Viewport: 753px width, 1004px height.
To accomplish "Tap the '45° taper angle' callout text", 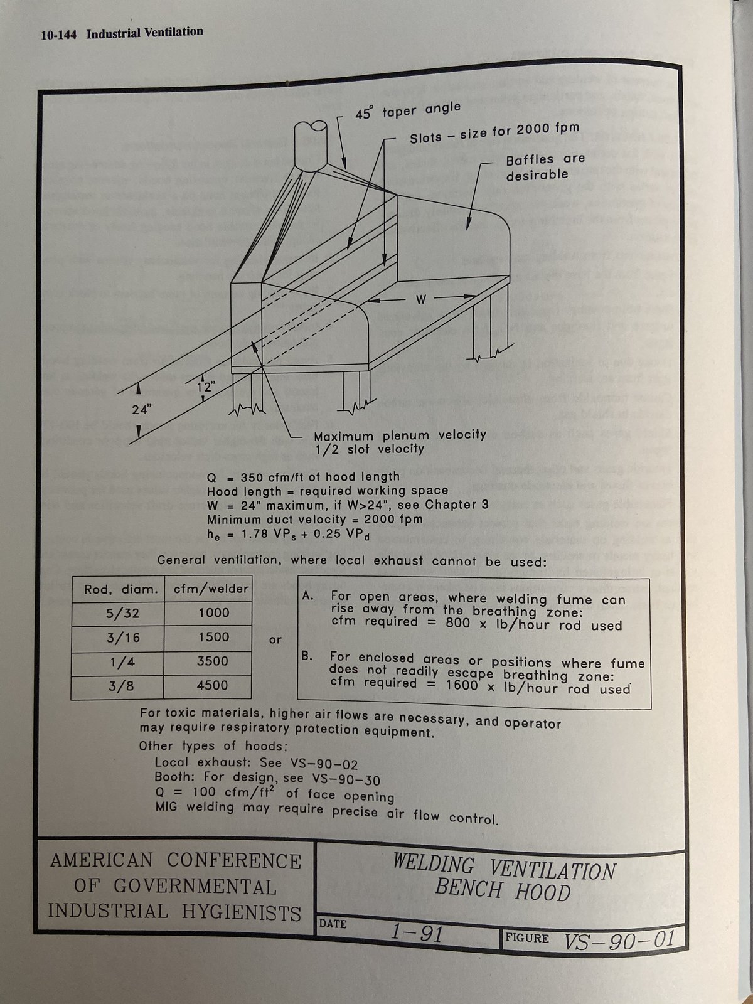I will [408, 111].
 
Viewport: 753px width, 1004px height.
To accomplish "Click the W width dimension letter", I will [420, 300].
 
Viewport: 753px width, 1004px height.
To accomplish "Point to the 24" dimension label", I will [142, 410].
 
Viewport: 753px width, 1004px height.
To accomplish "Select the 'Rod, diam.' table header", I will [119, 589].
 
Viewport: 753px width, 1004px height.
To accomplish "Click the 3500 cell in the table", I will [213, 661].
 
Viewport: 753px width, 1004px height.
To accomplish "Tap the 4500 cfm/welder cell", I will [212, 685].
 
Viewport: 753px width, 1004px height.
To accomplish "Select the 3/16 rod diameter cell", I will [123, 638].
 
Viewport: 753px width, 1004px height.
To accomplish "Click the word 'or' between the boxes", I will [275, 639].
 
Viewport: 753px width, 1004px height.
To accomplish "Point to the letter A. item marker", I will [307, 597].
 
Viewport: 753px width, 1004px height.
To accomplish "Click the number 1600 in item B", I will [466, 686].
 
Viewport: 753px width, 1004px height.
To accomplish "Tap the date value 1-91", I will [416, 933].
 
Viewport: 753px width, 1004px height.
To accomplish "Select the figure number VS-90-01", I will [619, 939].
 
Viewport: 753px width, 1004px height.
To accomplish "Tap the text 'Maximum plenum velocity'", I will [400, 435].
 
